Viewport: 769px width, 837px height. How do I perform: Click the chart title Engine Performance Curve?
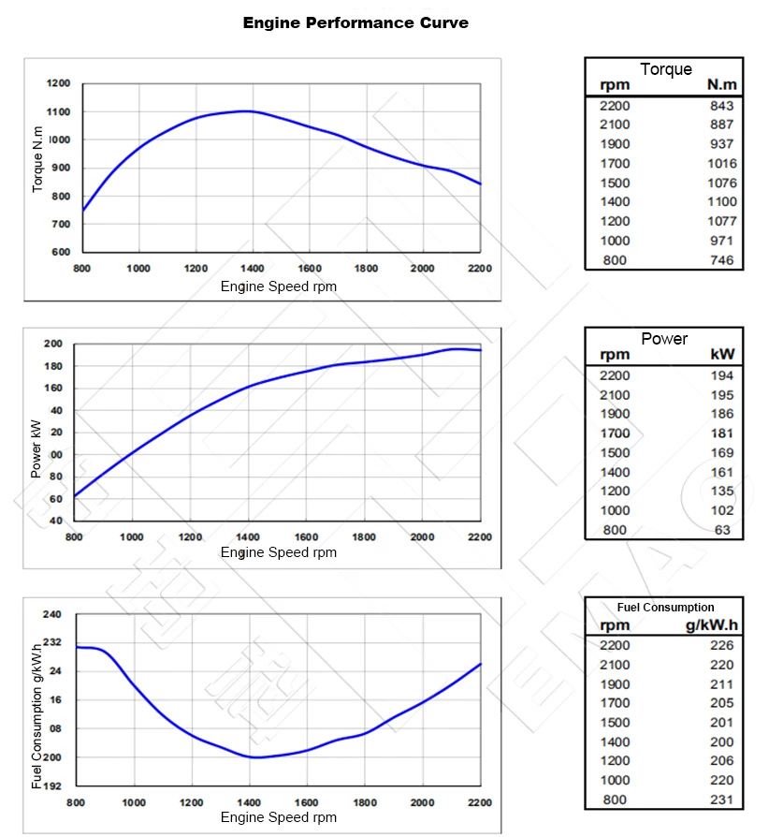coord(355,22)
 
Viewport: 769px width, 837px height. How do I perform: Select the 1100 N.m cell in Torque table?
coord(721,201)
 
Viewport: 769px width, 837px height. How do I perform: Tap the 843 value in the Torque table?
coord(721,106)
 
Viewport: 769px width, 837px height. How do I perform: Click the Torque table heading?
coord(666,69)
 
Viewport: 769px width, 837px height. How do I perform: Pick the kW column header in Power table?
coord(721,356)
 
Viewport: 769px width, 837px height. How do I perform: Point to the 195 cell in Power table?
coord(721,395)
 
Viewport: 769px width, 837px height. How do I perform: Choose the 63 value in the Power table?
coord(725,530)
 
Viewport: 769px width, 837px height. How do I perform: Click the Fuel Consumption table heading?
coord(665,608)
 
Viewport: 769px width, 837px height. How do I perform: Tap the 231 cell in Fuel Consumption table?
coord(721,800)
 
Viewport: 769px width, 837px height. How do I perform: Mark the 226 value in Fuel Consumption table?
coord(721,645)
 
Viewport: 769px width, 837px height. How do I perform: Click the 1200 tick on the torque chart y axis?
coord(58,83)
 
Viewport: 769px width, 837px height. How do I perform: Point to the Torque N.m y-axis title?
coord(38,159)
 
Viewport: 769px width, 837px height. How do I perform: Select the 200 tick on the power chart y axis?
coord(53,344)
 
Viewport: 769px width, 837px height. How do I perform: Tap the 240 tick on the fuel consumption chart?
coord(52,614)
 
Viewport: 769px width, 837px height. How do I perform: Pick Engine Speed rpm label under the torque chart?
coord(279,286)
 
